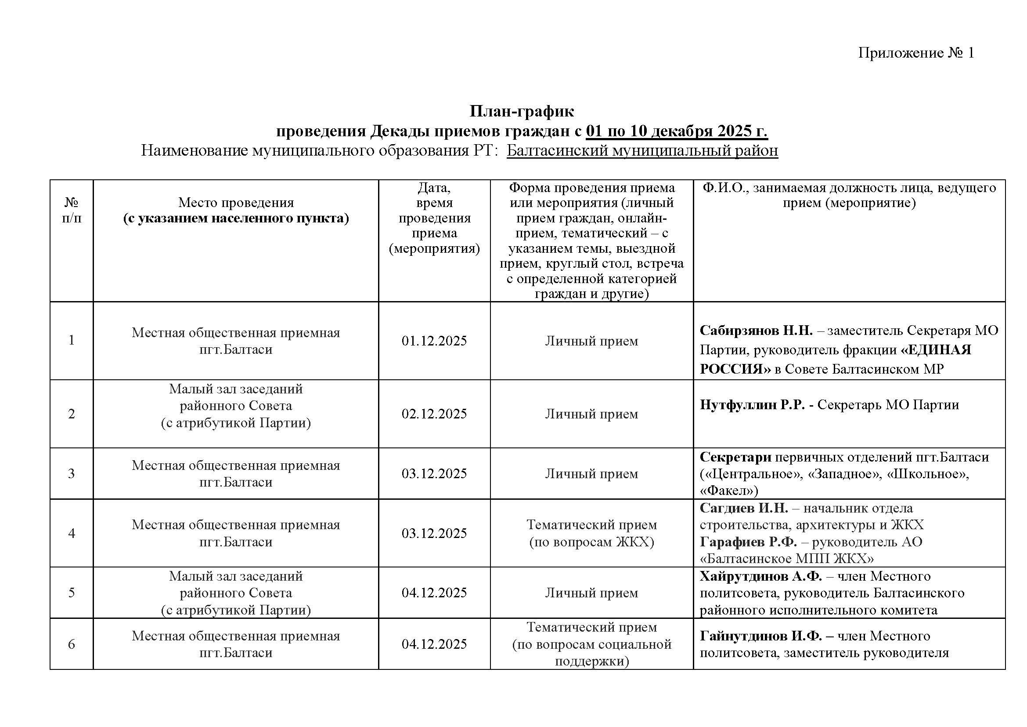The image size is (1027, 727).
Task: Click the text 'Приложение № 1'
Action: (915, 53)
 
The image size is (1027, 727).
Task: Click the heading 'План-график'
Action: (522, 111)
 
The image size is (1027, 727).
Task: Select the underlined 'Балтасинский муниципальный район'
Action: (642, 150)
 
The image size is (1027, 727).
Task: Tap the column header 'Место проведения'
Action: (236, 203)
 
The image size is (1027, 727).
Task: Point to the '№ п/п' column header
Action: (72, 211)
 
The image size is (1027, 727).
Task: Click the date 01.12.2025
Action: (434, 341)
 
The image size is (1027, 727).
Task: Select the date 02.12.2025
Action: (434, 414)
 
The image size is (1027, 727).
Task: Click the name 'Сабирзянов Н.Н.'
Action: (756, 331)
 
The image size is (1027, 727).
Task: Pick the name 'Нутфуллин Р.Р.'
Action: (752, 405)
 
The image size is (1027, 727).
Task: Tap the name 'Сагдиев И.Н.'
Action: (743, 508)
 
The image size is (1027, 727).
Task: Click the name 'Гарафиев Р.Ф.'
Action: (748, 542)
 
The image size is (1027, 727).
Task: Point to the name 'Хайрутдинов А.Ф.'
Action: (760, 576)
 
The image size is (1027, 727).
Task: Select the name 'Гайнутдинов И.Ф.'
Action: (760, 636)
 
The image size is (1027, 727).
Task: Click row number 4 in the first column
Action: (72, 533)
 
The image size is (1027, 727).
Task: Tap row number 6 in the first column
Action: (72, 644)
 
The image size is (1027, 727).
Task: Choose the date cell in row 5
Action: (434, 593)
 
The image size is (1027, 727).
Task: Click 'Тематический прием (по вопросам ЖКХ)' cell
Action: (591, 533)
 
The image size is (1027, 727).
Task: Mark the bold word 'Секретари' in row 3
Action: (735, 457)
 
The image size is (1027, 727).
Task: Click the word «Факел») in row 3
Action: (729, 491)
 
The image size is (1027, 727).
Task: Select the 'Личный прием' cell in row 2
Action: (591, 414)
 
